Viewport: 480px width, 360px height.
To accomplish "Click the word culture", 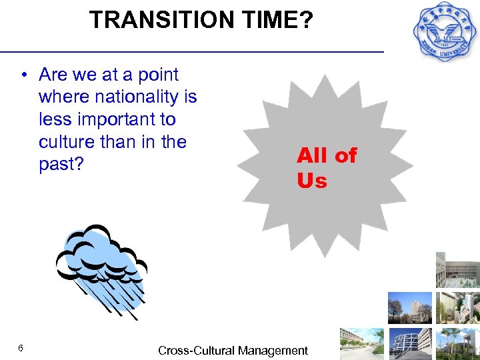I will (67, 142).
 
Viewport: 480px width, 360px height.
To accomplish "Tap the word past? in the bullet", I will (61, 165).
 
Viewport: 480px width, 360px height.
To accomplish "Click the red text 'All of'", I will (327, 156).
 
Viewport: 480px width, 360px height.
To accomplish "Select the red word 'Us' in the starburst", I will (312, 181).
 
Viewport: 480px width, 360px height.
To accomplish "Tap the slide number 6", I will (21, 349).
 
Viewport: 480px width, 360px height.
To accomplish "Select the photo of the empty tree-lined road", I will (362, 343).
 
